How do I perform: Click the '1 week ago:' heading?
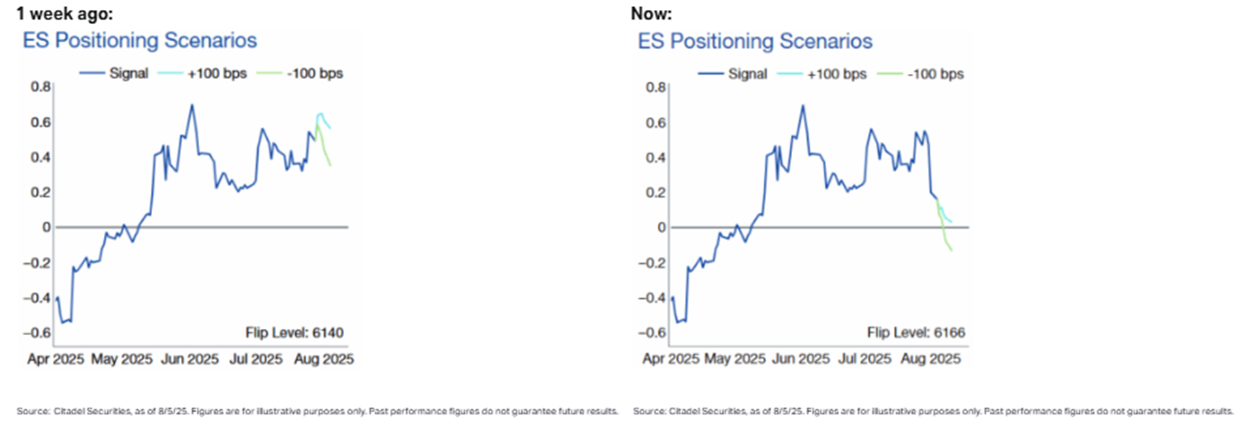pyautogui.click(x=64, y=13)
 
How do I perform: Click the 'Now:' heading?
pyautogui.click(x=650, y=13)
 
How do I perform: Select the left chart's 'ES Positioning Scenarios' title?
pyautogui.click(x=140, y=41)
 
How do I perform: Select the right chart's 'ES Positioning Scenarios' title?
pyautogui.click(x=755, y=41)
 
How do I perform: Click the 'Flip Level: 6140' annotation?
pyautogui.click(x=294, y=333)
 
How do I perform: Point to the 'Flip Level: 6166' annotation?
pyautogui.click(x=916, y=333)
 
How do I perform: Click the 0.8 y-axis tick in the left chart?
pyautogui.click(x=40, y=87)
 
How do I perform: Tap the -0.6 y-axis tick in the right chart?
pyautogui.click(x=652, y=333)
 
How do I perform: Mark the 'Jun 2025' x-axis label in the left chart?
pyautogui.click(x=189, y=359)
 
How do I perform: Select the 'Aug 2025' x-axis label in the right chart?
pyautogui.click(x=930, y=359)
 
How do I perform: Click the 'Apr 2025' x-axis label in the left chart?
pyautogui.click(x=56, y=359)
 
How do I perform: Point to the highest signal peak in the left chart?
pyautogui.click(x=191, y=105)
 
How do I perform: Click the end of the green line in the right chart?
pyautogui.click(x=951, y=251)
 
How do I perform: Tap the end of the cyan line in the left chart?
pyautogui.click(x=330, y=128)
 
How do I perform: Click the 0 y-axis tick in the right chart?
pyautogui.click(x=662, y=227)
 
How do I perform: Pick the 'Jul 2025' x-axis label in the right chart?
pyautogui.click(x=864, y=359)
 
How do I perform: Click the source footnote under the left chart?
pyautogui.click(x=317, y=411)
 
